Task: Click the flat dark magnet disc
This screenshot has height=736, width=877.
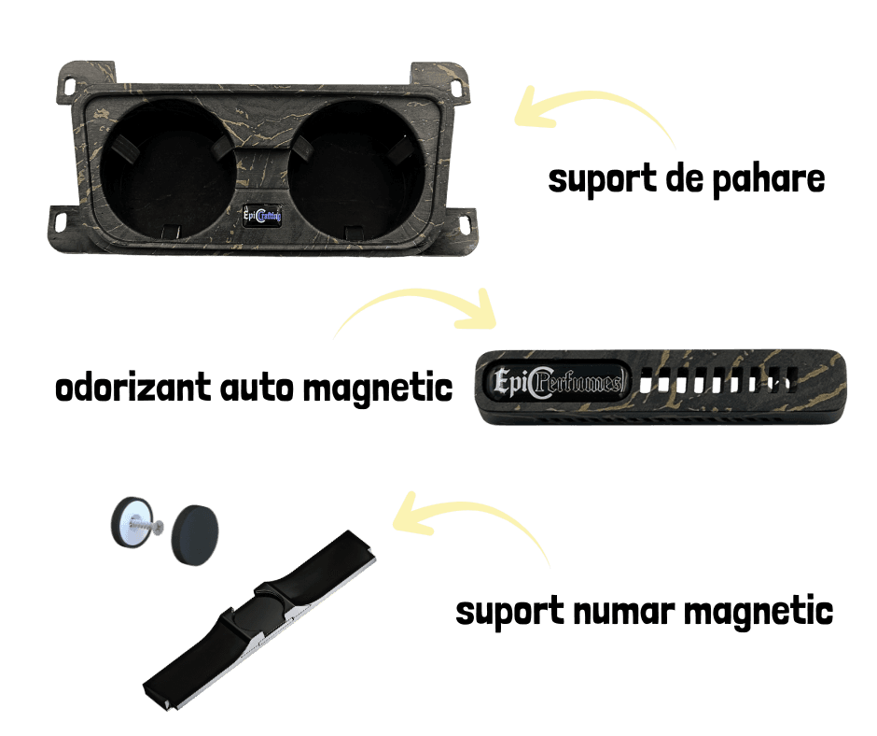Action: pos(197,533)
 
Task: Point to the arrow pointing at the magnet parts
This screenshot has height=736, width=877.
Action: pos(476,523)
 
